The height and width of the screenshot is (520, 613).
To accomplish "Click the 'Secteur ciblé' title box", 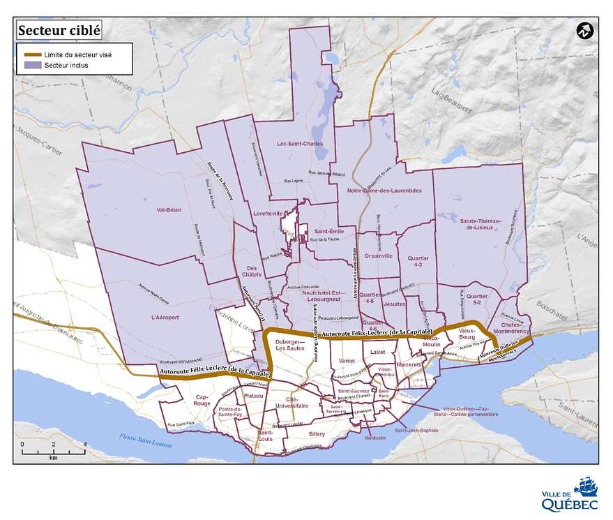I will [59, 30].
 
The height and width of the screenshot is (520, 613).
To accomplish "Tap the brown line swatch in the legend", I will [30, 54].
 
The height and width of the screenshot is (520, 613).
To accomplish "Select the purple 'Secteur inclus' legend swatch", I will [30, 65].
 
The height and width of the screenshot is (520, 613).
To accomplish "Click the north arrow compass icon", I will [584, 31].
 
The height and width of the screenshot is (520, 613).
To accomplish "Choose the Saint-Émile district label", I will [328, 231].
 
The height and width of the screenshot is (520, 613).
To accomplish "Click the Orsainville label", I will [378, 256].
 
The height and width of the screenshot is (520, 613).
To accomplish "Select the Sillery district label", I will [316, 433].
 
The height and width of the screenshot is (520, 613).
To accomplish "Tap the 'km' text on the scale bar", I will [53, 458].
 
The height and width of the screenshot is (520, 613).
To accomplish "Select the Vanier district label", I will [347, 360].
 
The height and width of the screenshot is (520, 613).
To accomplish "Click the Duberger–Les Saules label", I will [292, 345].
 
